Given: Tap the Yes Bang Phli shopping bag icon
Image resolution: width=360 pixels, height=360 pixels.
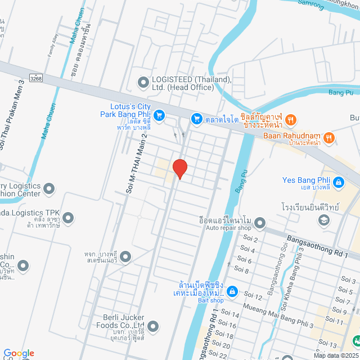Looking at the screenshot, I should click(338, 182).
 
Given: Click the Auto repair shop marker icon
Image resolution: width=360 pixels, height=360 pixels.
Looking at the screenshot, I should click(259, 224).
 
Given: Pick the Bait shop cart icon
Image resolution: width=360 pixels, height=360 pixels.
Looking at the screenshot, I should click(233, 292).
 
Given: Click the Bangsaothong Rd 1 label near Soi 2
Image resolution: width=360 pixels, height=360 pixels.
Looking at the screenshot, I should click(317, 246).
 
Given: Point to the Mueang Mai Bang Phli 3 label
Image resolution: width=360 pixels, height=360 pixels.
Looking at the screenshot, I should click(278, 316).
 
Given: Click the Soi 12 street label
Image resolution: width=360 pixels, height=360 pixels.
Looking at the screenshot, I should click(253, 296).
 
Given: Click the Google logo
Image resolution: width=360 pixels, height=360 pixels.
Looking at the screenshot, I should click(19, 353).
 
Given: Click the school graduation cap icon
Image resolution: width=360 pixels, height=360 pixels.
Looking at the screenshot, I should click(323, 220).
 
